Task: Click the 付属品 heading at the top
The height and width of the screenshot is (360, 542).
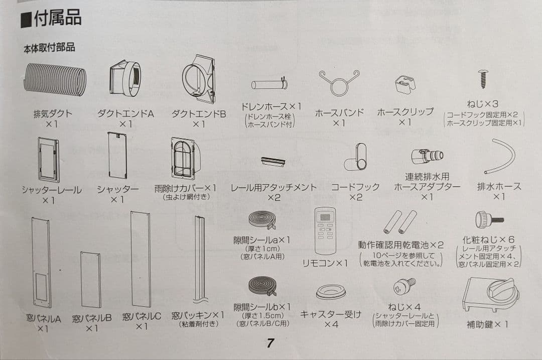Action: click(51, 19)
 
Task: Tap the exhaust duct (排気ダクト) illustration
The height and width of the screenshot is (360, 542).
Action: click(55, 79)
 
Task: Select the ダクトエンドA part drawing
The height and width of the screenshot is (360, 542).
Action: click(125, 78)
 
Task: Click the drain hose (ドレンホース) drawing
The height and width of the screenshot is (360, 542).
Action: click(269, 84)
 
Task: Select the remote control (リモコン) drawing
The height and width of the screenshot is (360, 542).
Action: click(325, 231)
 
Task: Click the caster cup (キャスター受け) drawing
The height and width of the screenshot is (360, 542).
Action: click(331, 292)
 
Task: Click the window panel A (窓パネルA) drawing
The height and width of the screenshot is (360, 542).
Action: click(41, 262)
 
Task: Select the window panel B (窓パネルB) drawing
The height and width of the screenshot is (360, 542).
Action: click(91, 280)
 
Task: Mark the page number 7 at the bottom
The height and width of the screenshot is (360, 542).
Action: click(270, 343)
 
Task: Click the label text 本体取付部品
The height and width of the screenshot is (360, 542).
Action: click(49, 48)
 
